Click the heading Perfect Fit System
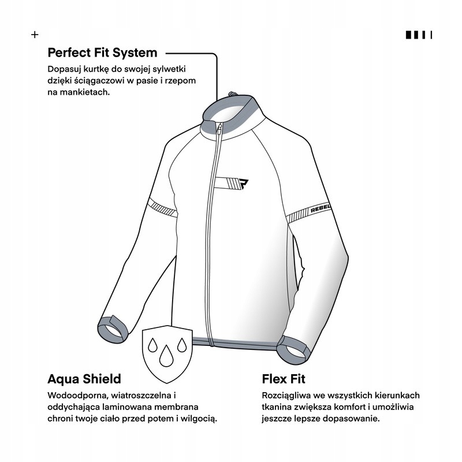click(102, 53)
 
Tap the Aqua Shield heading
click(84, 379)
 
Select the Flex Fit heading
click(284, 379)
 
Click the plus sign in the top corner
click(35, 35)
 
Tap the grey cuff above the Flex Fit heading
click(293, 350)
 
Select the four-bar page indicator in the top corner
click(419, 35)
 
